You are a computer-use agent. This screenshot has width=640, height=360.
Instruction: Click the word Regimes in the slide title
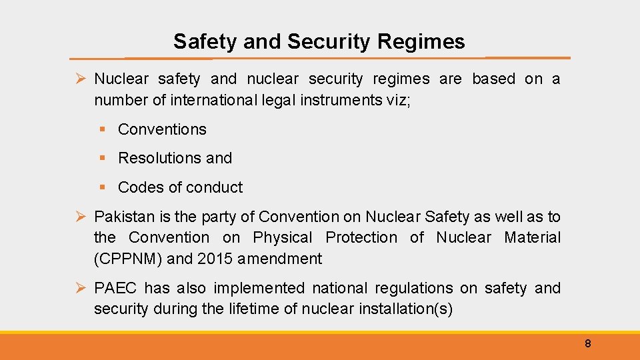coord(421,42)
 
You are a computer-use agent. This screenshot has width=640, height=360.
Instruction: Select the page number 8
coord(587,344)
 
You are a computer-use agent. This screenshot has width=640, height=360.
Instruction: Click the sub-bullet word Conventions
coord(162,129)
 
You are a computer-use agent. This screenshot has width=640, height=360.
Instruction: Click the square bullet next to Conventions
coord(103,129)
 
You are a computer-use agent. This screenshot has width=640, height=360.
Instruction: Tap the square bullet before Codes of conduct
coord(103,187)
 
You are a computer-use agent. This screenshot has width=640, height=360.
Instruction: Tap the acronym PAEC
coord(116,288)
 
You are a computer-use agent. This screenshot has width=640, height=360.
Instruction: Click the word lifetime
coord(251,309)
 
